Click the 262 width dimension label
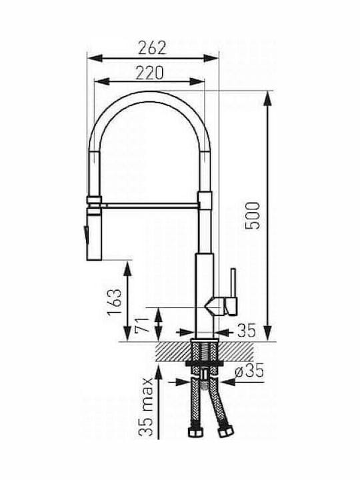[152, 48]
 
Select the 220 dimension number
[150, 73]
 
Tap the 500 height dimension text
[253, 215]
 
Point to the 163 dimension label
[114, 303]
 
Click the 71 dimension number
[142, 325]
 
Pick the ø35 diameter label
[249, 371]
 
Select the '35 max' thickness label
[145, 407]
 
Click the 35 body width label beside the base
[247, 331]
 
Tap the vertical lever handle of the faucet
[233, 283]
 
